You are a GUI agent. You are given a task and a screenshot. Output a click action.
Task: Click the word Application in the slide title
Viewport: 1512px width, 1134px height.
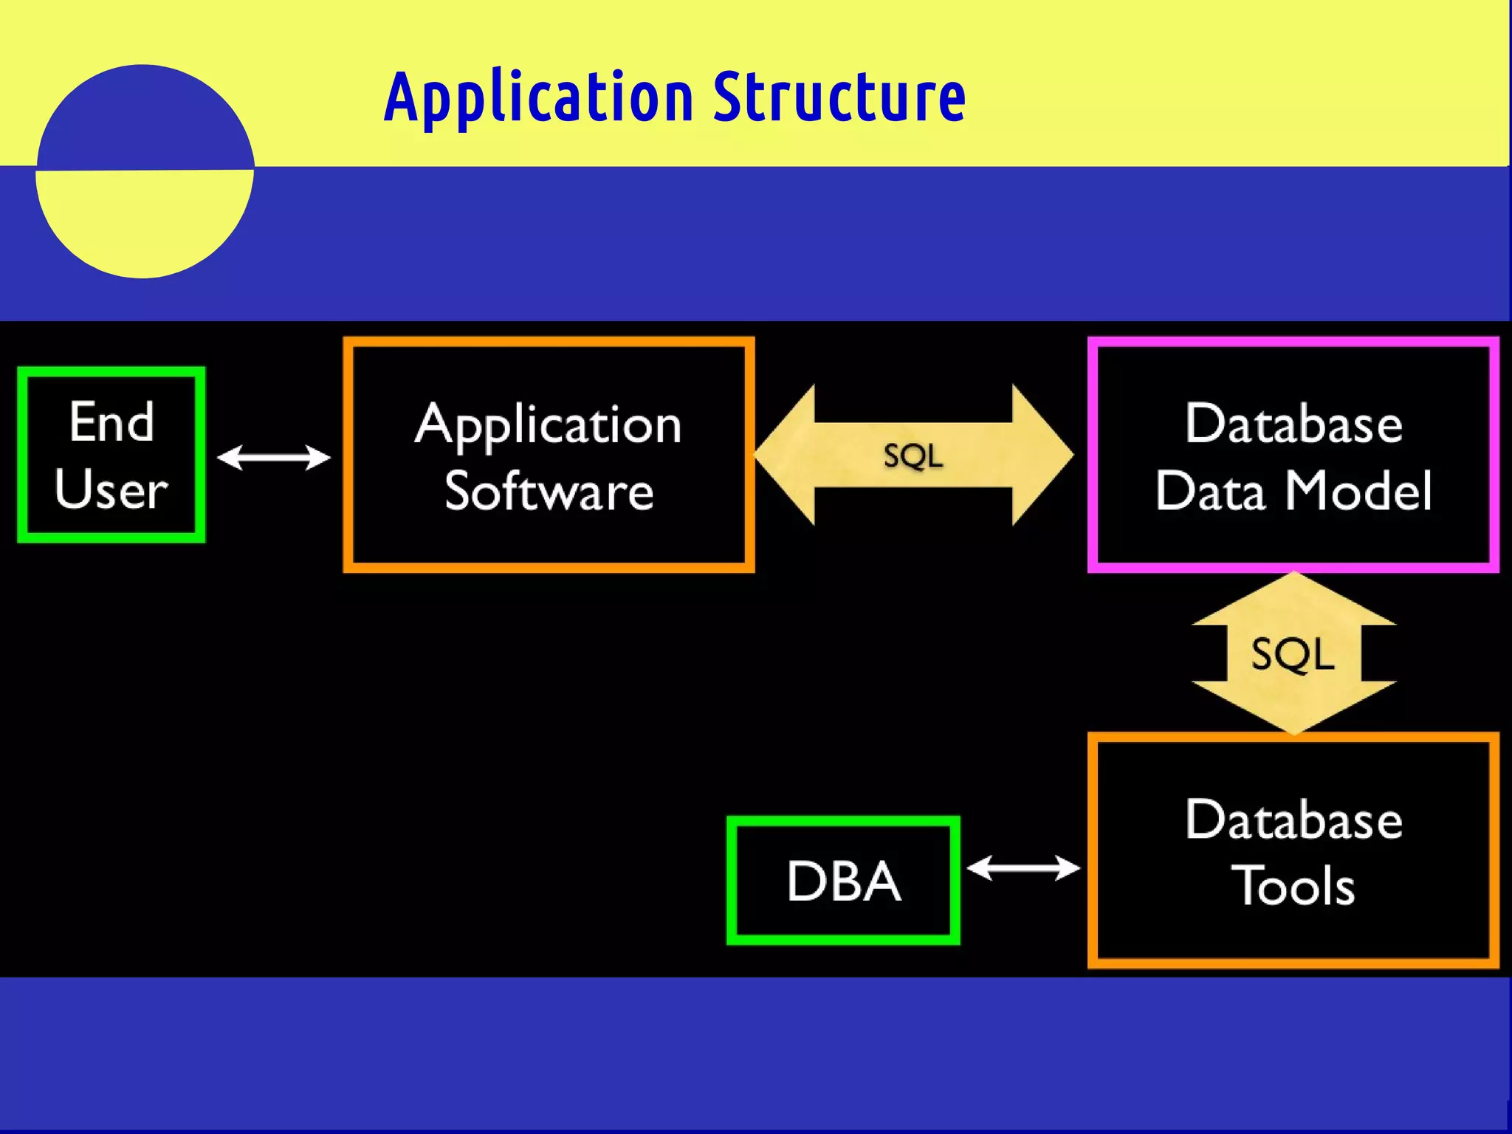point(538,99)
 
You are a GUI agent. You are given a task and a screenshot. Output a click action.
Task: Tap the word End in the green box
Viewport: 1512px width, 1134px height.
point(111,422)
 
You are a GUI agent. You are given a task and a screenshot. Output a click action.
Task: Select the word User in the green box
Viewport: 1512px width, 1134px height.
point(111,489)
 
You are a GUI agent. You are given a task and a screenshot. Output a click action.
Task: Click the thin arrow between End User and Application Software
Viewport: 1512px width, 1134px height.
point(274,458)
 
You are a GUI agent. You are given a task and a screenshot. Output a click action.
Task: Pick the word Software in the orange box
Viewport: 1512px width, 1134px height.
point(549,492)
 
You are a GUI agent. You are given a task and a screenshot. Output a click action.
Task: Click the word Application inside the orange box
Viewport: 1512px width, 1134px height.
point(548,426)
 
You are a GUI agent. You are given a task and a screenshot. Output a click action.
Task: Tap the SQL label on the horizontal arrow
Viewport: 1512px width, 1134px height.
point(913,456)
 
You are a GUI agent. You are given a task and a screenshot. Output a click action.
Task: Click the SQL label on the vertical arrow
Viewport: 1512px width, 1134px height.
point(1293,654)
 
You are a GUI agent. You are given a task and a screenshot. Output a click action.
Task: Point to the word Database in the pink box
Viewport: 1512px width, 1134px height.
point(1293,425)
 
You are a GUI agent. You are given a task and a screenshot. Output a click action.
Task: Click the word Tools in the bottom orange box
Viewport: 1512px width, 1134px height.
point(1293,886)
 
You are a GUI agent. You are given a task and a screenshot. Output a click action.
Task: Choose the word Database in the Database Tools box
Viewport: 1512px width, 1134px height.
point(1293,820)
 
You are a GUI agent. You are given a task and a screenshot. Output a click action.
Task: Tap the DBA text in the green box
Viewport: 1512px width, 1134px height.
point(843,882)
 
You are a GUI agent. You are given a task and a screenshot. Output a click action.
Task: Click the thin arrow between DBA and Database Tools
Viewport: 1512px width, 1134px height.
point(1023,868)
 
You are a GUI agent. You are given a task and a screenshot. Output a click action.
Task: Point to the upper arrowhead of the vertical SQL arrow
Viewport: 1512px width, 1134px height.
point(1293,599)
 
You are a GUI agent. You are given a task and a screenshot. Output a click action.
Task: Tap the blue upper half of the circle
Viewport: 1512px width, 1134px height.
point(144,118)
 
